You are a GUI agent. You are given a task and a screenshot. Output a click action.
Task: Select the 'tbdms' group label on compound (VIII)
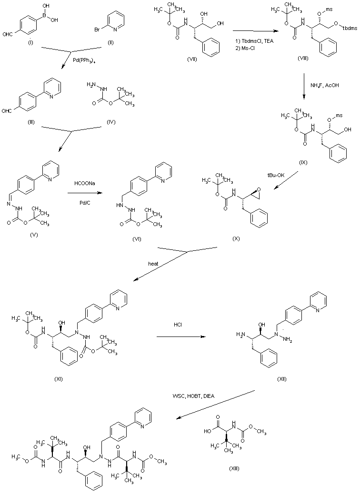tap(349, 28)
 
